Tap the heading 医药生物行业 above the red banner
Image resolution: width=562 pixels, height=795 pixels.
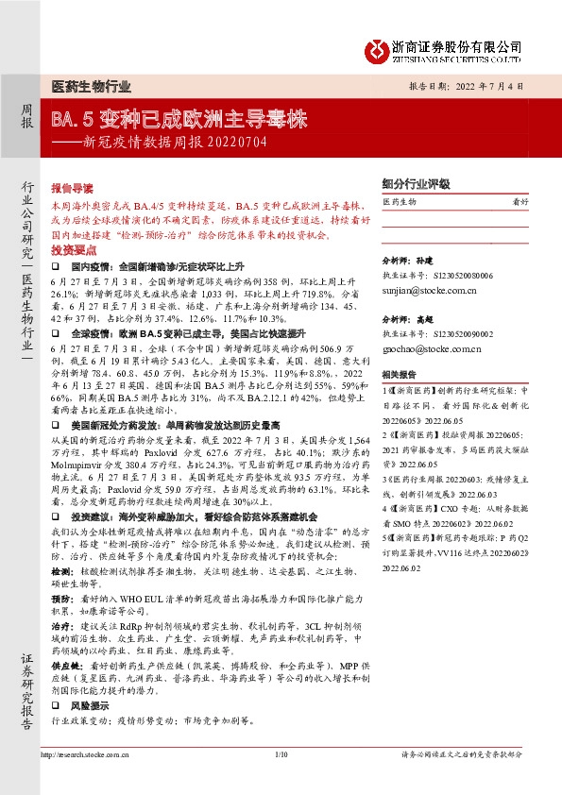pos(91,87)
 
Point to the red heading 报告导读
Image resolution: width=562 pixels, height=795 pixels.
pos(71,188)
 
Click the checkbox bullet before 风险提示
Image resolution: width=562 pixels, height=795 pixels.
pos(56,705)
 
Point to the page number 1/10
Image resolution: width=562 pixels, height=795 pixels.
pos(281,754)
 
